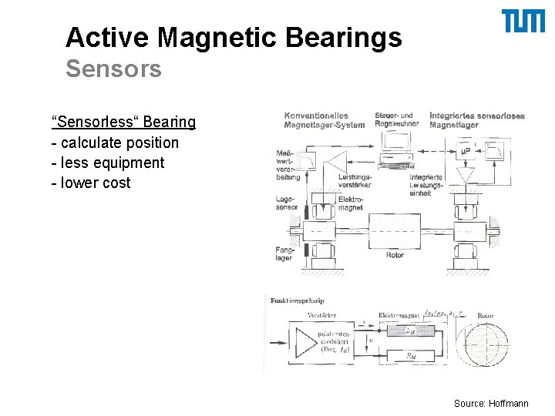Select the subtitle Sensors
pyautogui.click(x=113, y=69)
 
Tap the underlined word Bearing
pyautogui.click(x=169, y=122)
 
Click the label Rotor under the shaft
pyautogui.click(x=395, y=255)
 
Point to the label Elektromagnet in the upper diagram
pyautogui.click(x=351, y=203)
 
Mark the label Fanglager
pyautogui.click(x=284, y=253)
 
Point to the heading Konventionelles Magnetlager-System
pyautogui.click(x=324, y=120)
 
